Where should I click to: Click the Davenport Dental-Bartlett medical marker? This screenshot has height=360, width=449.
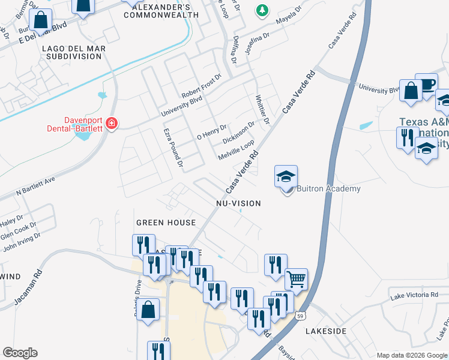(x=111, y=124)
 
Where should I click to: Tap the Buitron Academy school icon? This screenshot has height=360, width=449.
(x=286, y=176)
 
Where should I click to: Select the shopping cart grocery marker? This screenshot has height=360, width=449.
(x=296, y=279)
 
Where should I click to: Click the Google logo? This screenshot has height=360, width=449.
(x=20, y=353)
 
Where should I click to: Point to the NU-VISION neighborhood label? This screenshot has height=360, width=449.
(x=239, y=203)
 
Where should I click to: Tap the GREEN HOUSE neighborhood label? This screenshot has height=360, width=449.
(x=166, y=223)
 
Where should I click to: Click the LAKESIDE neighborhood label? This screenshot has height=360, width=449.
(x=326, y=331)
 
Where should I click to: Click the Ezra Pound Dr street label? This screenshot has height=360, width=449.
(x=172, y=147)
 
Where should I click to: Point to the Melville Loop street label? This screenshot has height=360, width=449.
(x=237, y=149)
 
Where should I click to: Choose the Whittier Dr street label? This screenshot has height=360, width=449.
(x=262, y=110)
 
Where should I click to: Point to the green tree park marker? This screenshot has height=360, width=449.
(x=262, y=10)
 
